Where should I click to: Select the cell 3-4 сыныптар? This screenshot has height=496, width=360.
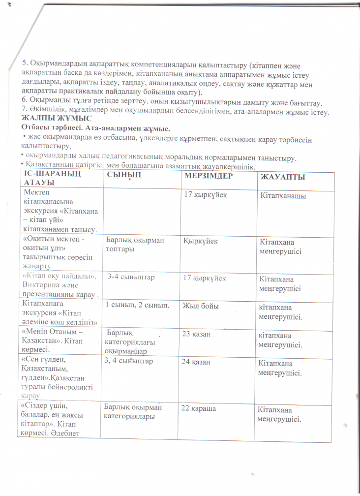[131, 278]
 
